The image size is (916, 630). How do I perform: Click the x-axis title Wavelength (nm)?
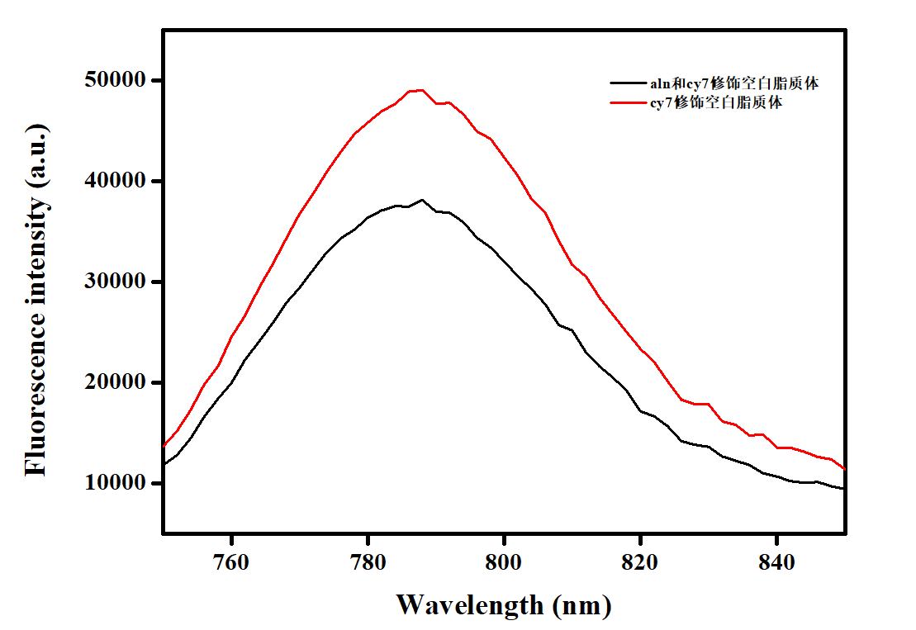click(504, 604)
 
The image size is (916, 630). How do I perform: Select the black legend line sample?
click(626, 83)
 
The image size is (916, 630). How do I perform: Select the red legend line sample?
click(626, 103)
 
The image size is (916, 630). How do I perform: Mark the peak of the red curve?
click(421, 89)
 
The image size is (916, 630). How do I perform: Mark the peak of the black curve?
click(422, 199)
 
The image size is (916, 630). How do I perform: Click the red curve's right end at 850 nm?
click(844, 468)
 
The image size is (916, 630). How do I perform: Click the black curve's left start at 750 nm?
click(164, 464)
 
